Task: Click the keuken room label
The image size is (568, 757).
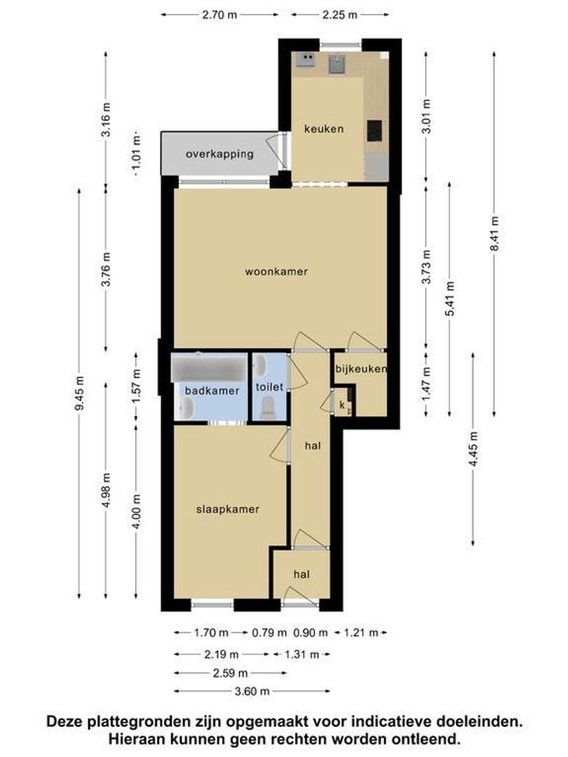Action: click(323, 129)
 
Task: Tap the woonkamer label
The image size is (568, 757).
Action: click(276, 271)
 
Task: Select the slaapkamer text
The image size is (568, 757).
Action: click(227, 510)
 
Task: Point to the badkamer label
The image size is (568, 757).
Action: click(212, 391)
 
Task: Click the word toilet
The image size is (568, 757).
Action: click(269, 387)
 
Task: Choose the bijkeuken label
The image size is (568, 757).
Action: click(361, 369)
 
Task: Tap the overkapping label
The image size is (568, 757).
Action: click(219, 154)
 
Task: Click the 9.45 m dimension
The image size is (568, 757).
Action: click(80, 393)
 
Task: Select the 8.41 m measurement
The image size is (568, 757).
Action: click(494, 233)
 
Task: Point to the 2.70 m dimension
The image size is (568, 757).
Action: click(219, 15)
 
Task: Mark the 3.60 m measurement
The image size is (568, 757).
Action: click(252, 691)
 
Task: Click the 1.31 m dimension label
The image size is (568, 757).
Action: click(302, 655)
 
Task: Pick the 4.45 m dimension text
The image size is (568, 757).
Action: click(474, 449)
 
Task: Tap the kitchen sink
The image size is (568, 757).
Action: click(337, 64)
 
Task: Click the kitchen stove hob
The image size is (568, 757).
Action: click(305, 60)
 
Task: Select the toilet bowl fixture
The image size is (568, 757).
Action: click(267, 409)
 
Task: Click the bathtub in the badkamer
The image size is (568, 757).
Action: click(209, 369)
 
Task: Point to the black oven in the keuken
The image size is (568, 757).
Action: click(374, 130)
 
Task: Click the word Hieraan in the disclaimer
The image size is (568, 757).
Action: click(135, 739)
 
